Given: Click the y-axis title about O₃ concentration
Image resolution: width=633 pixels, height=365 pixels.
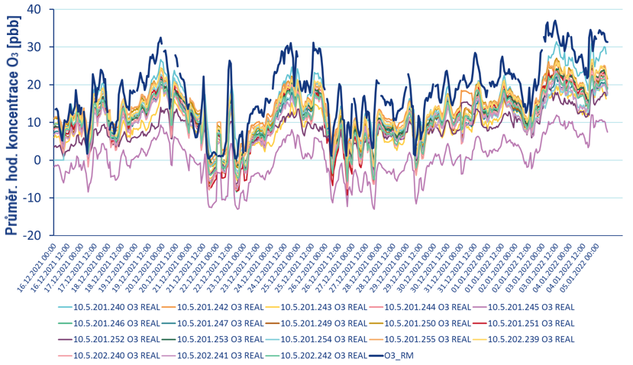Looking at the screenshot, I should pos(14,122).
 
